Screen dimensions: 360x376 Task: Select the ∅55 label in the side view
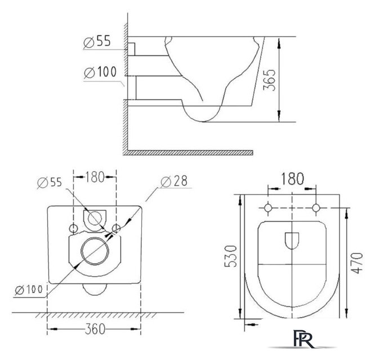[97, 42]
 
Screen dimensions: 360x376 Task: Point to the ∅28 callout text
[173, 181]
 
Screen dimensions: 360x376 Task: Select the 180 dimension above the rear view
[95, 178]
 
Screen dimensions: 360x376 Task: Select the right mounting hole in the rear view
[116, 228]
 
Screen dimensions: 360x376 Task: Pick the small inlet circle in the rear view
[95, 218]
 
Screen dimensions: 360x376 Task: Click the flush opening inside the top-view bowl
[292, 241]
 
